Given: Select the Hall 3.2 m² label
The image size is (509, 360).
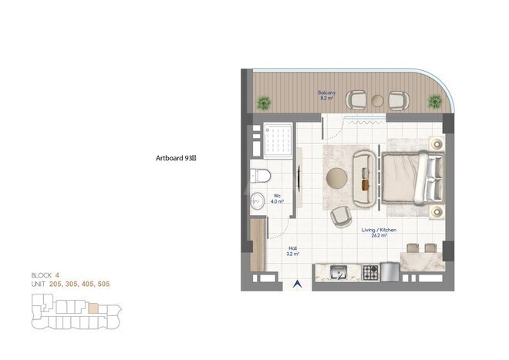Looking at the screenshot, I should point(294,251).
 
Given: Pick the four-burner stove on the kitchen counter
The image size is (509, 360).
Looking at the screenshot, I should point(371,272).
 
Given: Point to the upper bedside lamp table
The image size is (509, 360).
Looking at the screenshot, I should point(437,143).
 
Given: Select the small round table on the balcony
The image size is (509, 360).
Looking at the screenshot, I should point(378,100).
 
